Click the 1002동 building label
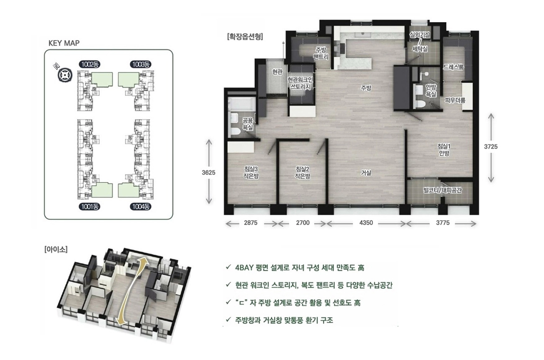(x=90, y=64)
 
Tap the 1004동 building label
(x=140, y=207)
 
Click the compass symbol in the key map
(x=65, y=75)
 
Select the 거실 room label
(x=366, y=173)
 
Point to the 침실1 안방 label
(x=444, y=149)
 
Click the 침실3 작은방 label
(x=251, y=172)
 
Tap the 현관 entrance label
(x=277, y=72)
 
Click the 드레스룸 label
(x=454, y=67)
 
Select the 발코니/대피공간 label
(x=442, y=190)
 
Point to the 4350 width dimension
(x=366, y=223)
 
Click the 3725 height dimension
(x=491, y=147)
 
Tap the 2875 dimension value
(x=251, y=223)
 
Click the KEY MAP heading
(x=64, y=43)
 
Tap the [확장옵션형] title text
(x=245, y=37)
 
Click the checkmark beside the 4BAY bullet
(x=228, y=267)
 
